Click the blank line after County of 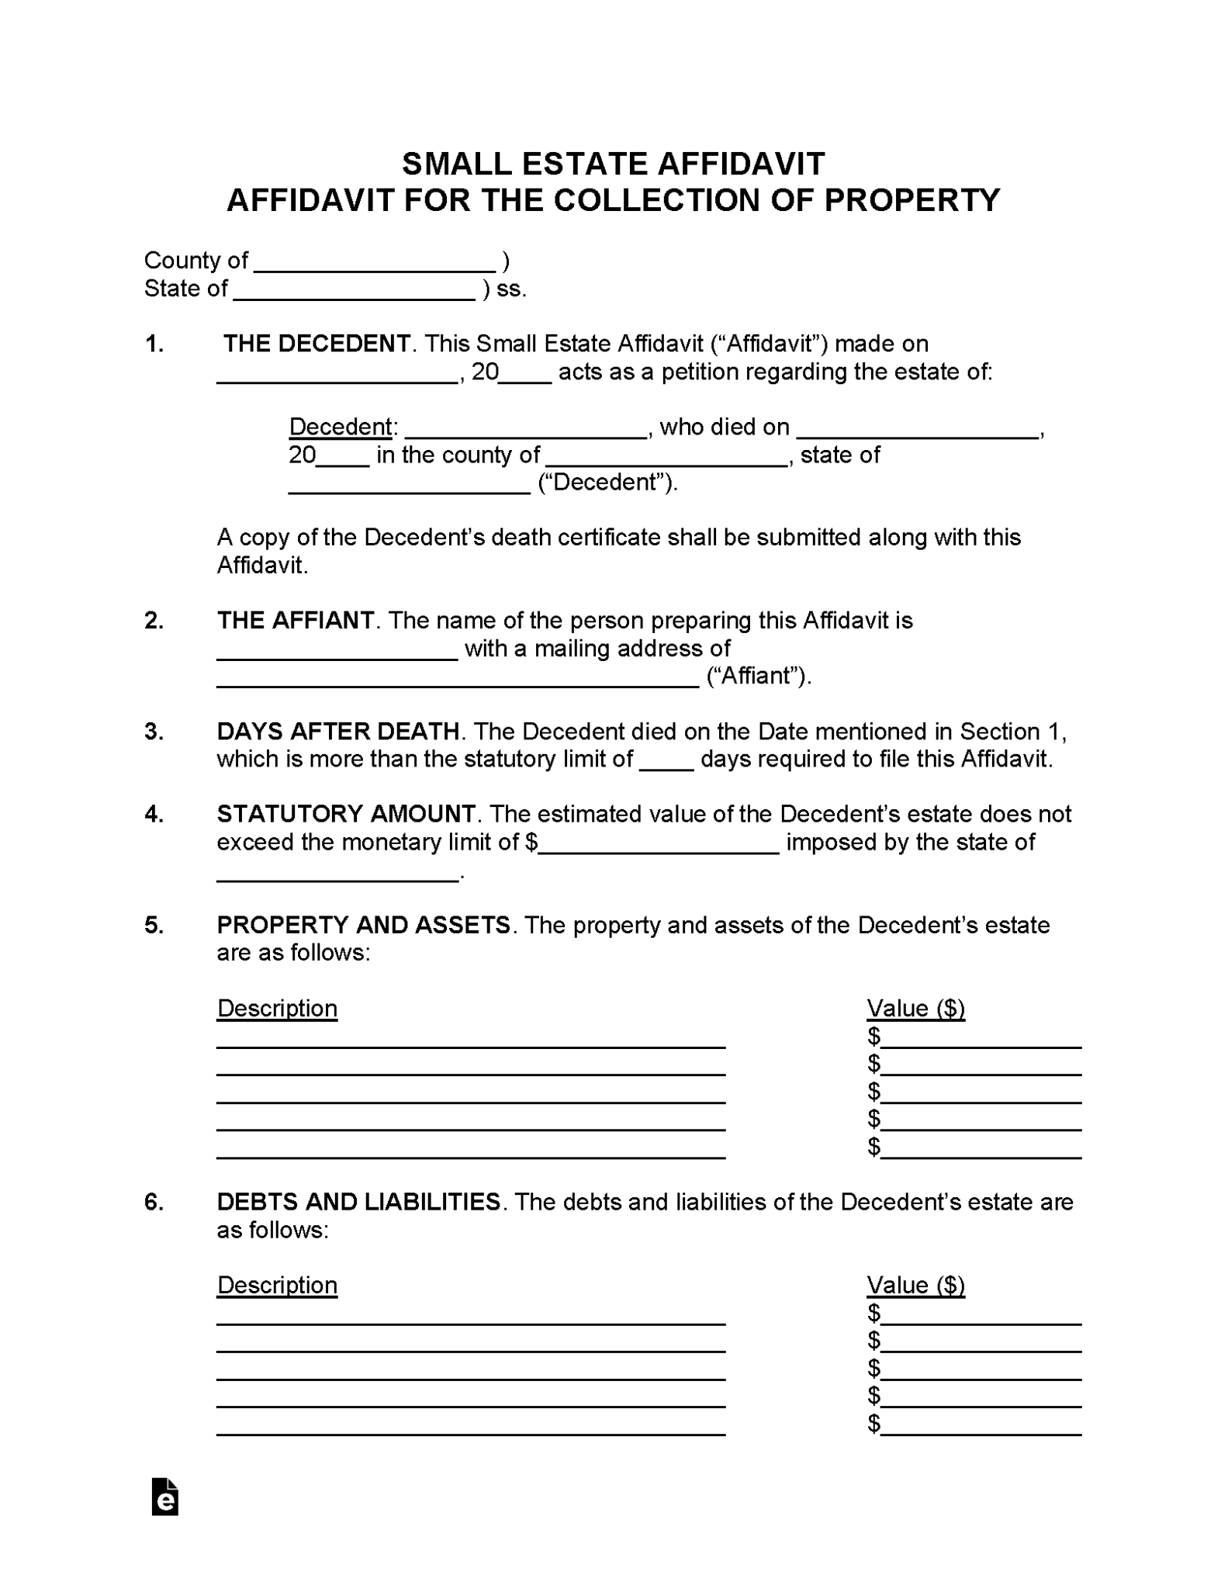point(375,264)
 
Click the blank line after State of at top point(355,293)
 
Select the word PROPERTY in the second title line point(911,200)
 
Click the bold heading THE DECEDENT point(317,344)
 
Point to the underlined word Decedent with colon point(343,427)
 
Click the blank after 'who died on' point(918,431)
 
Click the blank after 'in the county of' point(666,459)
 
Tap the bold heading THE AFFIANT point(296,620)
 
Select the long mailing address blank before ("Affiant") point(458,680)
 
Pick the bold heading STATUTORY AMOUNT point(346,814)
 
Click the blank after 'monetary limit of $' point(659,846)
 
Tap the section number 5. point(154,925)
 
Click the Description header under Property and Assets point(277,1008)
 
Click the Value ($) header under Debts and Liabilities point(915,1285)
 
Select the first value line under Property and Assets point(981,1040)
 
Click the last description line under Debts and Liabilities point(471,1428)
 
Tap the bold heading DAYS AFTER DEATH point(337,731)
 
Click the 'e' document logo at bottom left point(165,1498)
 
